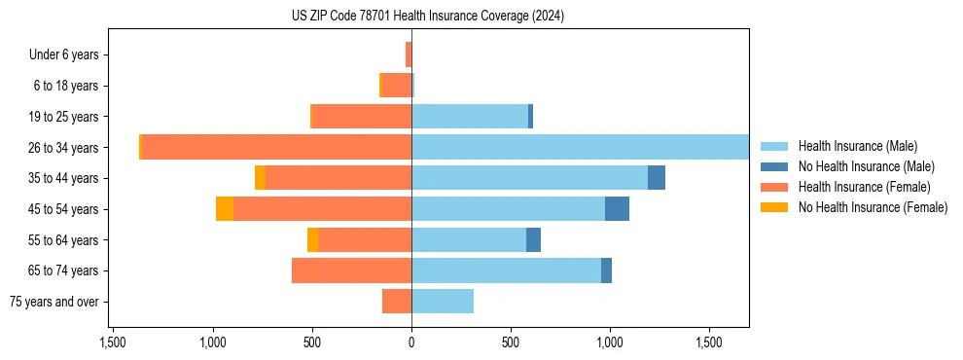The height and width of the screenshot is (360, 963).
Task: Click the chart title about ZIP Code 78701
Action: click(427, 16)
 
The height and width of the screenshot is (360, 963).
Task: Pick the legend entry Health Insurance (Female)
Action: click(864, 187)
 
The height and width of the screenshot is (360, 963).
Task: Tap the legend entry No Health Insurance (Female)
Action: click(873, 207)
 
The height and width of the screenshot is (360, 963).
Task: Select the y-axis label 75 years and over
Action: click(53, 302)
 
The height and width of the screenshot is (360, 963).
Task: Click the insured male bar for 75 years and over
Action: click(443, 302)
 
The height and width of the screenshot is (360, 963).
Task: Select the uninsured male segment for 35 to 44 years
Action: click(657, 178)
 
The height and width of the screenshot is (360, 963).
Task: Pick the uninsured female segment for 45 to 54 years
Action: click(225, 209)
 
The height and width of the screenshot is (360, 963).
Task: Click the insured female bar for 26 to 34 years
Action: click(276, 148)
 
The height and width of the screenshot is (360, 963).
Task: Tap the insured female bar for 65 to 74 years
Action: click(351, 270)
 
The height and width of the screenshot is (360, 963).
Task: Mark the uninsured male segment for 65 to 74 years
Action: click(606, 270)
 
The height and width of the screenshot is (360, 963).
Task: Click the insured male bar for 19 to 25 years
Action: click(470, 117)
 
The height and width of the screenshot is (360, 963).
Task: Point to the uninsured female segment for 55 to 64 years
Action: click(312, 240)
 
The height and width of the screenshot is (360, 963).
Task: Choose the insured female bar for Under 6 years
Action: click(409, 54)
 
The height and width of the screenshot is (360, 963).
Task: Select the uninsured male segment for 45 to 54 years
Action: click(617, 209)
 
